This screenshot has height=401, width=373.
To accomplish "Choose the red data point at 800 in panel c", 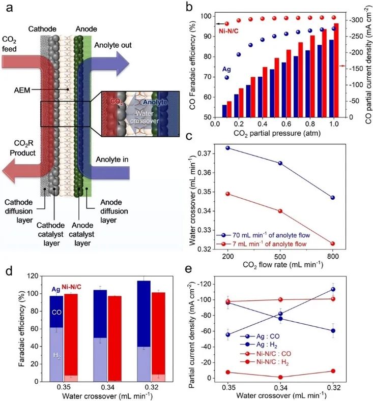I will (x=332, y=244).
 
